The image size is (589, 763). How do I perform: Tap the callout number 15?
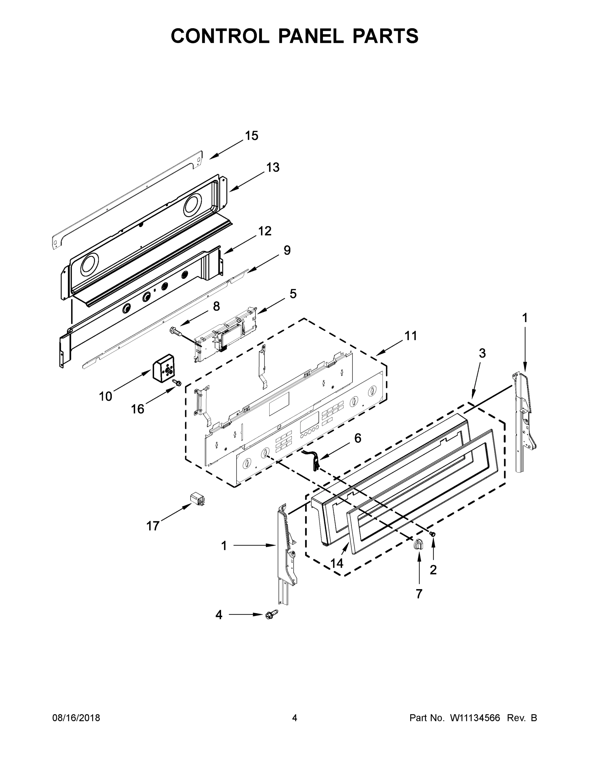pyautogui.click(x=251, y=136)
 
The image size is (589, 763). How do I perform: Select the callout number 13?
pyautogui.click(x=273, y=167)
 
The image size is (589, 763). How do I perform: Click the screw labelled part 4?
pyautogui.click(x=272, y=615)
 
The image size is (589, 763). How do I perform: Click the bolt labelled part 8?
pyautogui.click(x=177, y=331)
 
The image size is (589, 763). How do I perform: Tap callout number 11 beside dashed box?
pyautogui.click(x=411, y=336)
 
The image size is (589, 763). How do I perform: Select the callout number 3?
pyautogui.click(x=482, y=353)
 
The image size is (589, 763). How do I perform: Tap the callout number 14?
pyautogui.click(x=337, y=563)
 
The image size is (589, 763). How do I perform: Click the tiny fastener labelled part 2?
pyautogui.click(x=433, y=534)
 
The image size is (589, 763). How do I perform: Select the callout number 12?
pyautogui.click(x=265, y=231)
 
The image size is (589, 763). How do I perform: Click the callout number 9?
pyautogui.click(x=287, y=250)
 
